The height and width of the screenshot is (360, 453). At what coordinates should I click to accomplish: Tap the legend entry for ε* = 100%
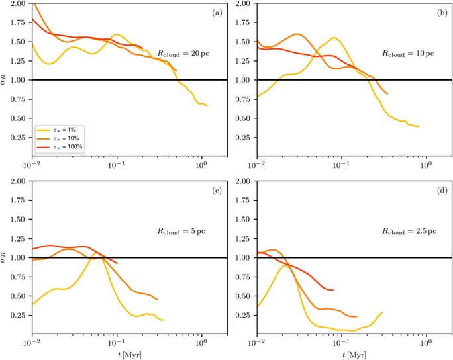60,147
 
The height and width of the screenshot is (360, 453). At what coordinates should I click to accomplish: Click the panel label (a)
217,13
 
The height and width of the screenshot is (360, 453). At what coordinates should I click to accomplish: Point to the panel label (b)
442,13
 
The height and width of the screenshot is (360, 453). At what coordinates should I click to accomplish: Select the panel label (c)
217,191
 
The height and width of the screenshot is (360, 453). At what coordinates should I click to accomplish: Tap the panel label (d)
442,191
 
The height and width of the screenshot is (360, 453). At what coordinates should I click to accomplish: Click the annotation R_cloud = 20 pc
183,54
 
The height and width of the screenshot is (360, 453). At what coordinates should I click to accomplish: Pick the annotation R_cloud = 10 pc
408,54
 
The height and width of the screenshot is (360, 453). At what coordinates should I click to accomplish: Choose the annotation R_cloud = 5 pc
181,232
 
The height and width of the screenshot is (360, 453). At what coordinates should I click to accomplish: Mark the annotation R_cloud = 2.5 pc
409,232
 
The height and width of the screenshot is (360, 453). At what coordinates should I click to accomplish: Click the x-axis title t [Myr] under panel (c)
130,355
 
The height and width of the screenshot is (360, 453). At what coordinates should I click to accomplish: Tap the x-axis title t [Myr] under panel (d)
354,355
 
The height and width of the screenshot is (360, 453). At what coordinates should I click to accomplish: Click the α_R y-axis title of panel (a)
3,79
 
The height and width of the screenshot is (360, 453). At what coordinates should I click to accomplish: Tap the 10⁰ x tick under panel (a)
201,165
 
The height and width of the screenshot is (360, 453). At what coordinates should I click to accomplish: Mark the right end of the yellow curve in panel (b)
419,127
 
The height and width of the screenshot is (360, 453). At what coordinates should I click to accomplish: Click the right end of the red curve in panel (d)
333,290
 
